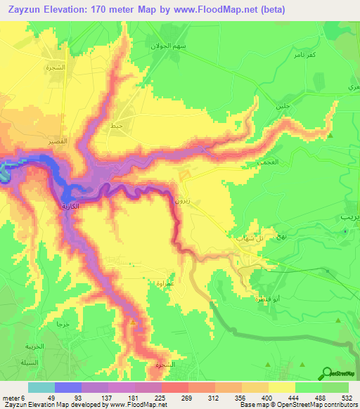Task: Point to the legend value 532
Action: (x=346, y=398)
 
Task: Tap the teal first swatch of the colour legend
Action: (x=41, y=387)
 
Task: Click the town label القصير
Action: (x=58, y=142)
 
